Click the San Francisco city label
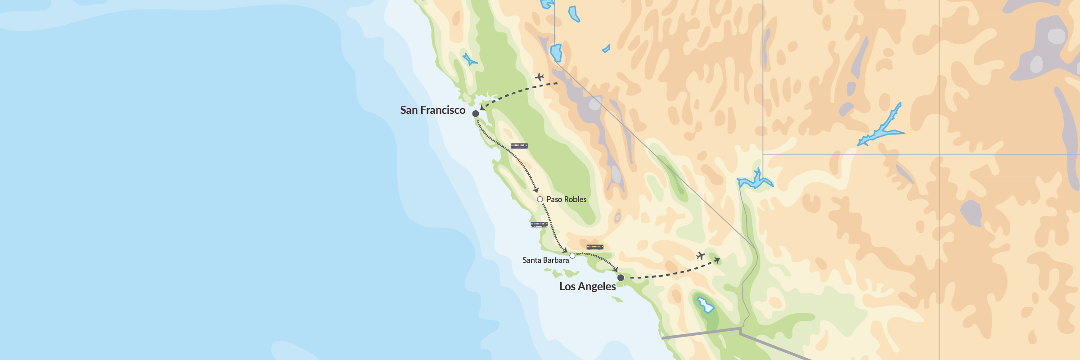(432, 110)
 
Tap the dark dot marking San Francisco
(475, 113)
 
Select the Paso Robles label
(566, 199)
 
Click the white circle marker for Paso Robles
(540, 199)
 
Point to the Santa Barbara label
(545, 260)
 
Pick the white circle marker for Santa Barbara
(572, 256)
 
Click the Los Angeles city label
(587, 287)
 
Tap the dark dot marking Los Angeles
(621, 278)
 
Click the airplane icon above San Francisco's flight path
(540, 77)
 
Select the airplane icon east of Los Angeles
(700, 256)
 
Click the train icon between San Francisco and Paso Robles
(519, 146)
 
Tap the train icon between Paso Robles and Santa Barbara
(539, 225)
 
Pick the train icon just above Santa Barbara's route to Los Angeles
(595, 247)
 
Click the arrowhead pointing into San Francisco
(482, 107)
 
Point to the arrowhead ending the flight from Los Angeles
(717, 260)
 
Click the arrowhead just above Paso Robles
(536, 190)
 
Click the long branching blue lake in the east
(881, 128)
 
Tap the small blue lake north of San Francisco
(469, 60)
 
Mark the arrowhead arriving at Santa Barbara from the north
(565, 250)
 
